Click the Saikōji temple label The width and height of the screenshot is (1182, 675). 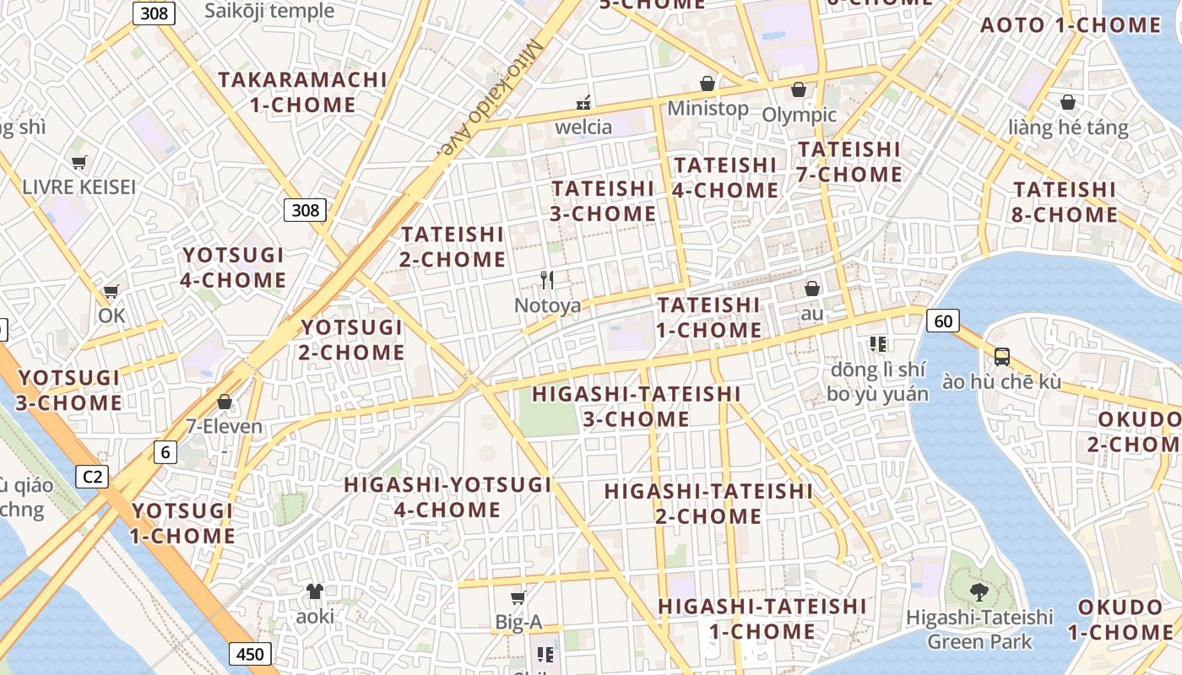point(270,11)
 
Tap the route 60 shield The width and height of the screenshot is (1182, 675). point(943,321)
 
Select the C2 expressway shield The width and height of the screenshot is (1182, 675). point(93,477)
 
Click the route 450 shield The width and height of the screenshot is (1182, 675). point(249,654)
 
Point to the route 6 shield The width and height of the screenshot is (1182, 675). point(165,452)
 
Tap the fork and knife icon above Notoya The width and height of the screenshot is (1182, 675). point(547,280)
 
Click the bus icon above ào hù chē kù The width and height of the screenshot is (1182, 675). point(1001,356)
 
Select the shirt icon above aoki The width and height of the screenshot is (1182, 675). point(315,591)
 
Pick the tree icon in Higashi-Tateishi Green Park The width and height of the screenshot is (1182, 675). point(979,591)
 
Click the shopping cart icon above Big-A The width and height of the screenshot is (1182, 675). point(518,597)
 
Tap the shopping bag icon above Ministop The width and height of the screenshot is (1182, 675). point(708,84)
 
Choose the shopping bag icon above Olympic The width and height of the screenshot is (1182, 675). point(799,89)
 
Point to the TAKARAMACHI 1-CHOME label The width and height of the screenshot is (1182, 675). point(303,92)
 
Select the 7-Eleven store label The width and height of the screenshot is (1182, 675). point(225,426)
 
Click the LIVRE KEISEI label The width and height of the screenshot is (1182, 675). point(79,186)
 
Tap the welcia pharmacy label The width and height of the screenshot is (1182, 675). point(583,127)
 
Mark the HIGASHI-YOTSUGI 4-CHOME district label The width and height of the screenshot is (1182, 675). point(447,497)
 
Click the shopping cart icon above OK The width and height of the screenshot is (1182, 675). point(111,292)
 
